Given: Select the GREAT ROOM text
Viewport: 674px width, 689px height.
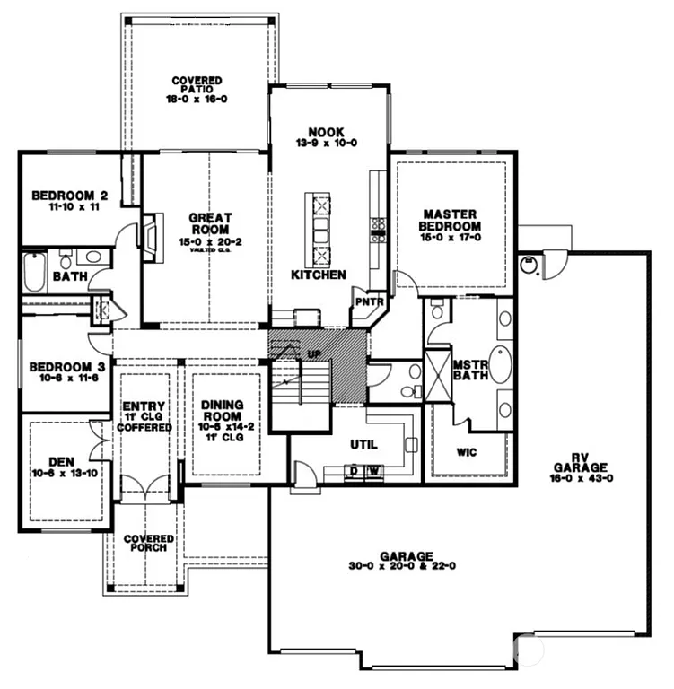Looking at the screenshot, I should [x=210, y=222].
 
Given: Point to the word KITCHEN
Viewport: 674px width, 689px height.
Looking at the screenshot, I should [x=318, y=274].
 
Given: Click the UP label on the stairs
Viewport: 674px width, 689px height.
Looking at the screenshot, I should [x=313, y=354].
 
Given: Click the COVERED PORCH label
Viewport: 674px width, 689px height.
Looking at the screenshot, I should [x=149, y=544].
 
